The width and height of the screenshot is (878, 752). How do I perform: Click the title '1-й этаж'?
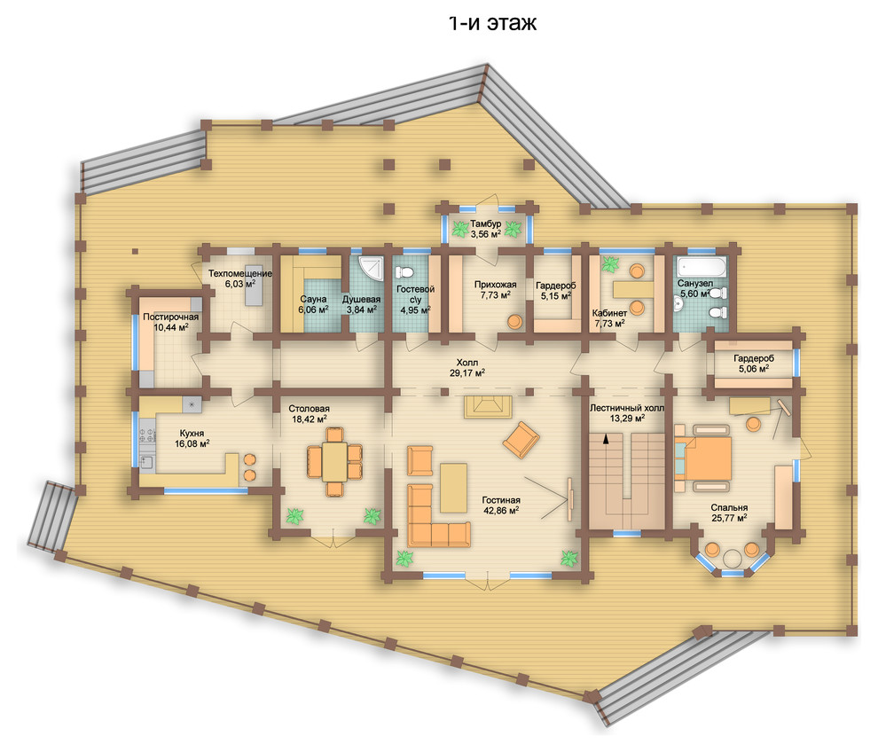click(493, 22)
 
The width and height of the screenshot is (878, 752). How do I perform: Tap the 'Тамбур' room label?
click(485, 224)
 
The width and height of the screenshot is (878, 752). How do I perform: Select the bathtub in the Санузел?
click(702, 267)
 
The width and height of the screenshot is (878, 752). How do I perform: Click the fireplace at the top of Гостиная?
click(487, 406)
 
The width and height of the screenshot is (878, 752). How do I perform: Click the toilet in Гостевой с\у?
click(404, 271)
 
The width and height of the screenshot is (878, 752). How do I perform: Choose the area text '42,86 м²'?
click(500, 510)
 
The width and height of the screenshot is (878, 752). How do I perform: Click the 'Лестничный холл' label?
click(627, 408)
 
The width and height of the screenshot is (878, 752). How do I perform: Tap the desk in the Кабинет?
click(633, 289)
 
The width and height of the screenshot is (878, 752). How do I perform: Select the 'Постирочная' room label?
click(170, 317)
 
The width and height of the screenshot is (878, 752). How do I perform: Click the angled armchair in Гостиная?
click(521, 440)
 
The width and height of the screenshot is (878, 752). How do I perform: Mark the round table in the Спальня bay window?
click(732, 559)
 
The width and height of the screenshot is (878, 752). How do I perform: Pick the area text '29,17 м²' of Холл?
click(467, 372)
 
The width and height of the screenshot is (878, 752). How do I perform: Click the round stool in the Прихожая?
click(514, 322)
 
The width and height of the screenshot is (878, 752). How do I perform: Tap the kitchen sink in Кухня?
click(146, 464)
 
